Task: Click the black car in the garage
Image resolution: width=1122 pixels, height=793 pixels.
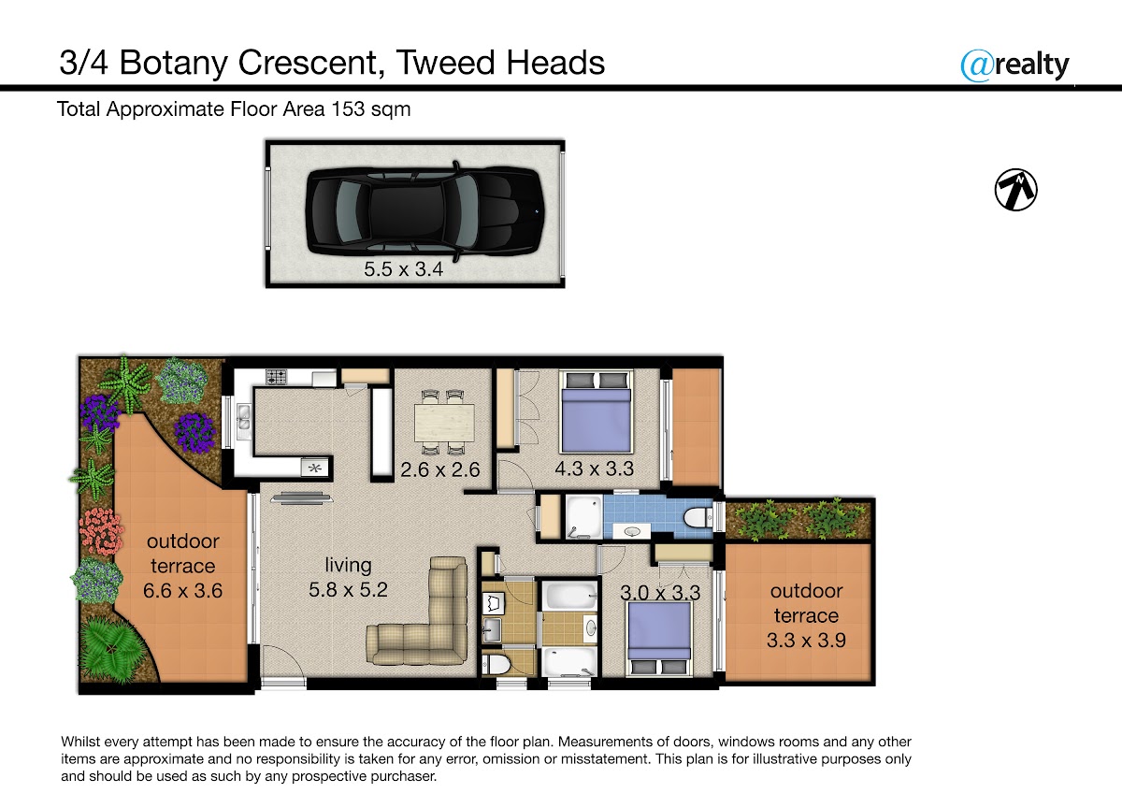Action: tap(424, 211)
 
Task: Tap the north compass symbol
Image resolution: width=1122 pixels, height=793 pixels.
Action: tap(1015, 190)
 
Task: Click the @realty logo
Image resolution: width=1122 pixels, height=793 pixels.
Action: tap(1014, 65)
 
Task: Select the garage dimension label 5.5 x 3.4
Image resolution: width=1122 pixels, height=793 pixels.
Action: tap(403, 269)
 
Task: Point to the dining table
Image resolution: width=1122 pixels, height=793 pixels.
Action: tap(444, 423)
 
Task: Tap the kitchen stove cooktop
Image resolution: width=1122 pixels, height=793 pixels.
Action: tap(276, 377)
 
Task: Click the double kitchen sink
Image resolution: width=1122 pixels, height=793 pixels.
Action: tap(244, 422)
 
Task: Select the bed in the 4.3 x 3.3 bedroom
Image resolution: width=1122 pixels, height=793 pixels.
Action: tap(596, 411)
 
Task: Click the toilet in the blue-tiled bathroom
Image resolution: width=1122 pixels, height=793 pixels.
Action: tap(698, 517)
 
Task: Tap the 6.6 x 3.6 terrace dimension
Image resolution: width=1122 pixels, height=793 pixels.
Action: tap(183, 591)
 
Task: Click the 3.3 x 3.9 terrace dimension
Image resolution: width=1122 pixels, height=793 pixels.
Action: tap(806, 641)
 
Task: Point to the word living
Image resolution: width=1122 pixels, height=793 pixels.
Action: tap(348, 565)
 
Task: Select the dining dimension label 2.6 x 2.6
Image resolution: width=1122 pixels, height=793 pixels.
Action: tap(439, 469)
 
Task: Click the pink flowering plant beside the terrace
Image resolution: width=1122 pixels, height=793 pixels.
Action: tap(101, 531)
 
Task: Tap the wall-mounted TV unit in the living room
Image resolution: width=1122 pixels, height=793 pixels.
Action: tap(302, 497)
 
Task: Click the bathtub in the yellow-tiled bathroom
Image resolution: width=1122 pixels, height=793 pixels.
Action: tap(568, 595)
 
